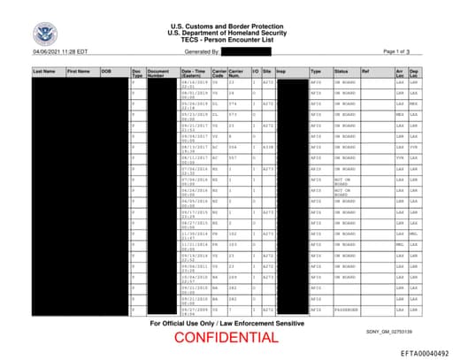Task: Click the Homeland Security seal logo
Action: point(43,35)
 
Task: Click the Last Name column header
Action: point(44,70)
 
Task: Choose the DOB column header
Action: point(106,70)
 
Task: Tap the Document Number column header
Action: point(157,73)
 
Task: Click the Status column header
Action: point(341,70)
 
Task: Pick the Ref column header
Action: point(365,70)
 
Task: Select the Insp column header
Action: point(280,70)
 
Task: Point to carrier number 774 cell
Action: point(232,103)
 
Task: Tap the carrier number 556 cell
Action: point(232,149)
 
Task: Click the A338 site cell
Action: point(267,149)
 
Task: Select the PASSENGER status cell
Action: point(344,310)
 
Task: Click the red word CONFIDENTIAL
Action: point(227,337)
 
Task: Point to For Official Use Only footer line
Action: point(227,323)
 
